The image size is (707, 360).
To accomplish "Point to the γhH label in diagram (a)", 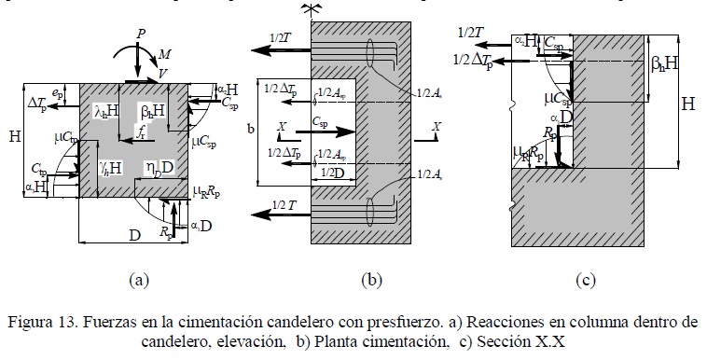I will tap(106, 169).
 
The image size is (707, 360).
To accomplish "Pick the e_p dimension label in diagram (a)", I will tap(58, 92).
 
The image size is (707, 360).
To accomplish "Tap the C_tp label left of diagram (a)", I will tap(38, 170).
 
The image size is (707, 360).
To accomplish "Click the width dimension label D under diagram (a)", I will tap(134, 238).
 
